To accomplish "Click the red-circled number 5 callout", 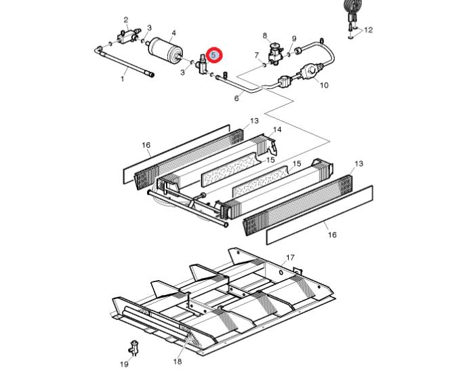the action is tap(213, 55).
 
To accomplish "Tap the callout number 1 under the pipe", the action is tap(123, 79).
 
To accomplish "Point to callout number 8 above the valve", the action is tap(265, 36).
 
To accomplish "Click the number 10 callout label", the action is tap(324, 85).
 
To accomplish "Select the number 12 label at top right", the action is tap(369, 30).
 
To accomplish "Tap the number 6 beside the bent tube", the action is tap(236, 98).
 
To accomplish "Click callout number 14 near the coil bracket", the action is tap(277, 130).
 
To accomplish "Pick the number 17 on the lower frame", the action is tap(290, 257).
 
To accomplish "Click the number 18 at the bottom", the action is tap(178, 361).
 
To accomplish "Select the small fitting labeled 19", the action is tap(133, 347).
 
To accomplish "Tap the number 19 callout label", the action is tap(124, 364).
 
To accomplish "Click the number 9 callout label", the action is tap(294, 39).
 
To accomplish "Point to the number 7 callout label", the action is tap(256, 55).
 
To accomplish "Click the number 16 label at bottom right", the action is tap(332, 235).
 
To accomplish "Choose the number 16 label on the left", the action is tap(146, 145).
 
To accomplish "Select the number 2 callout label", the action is tap(125, 20).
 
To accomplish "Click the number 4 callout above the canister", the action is tap(173, 33).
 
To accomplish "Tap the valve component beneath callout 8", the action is tap(274, 54).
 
